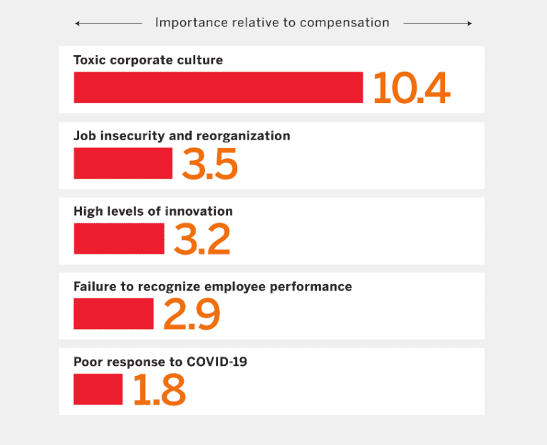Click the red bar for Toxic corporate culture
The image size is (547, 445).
(218, 88)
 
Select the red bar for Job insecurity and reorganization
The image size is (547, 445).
(123, 163)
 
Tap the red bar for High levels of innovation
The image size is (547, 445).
(119, 239)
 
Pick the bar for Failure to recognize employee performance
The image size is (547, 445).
(113, 314)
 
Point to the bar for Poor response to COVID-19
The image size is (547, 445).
(98, 389)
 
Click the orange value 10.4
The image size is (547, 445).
(411, 88)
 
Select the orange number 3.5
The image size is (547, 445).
(209, 164)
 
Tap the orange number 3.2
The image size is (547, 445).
(202, 239)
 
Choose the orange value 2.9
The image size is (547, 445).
(191, 315)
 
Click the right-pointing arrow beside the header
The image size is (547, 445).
(437, 23)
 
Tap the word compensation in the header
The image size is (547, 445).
(344, 23)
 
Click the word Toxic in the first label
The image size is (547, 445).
(89, 61)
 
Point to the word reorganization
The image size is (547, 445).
(246, 136)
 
